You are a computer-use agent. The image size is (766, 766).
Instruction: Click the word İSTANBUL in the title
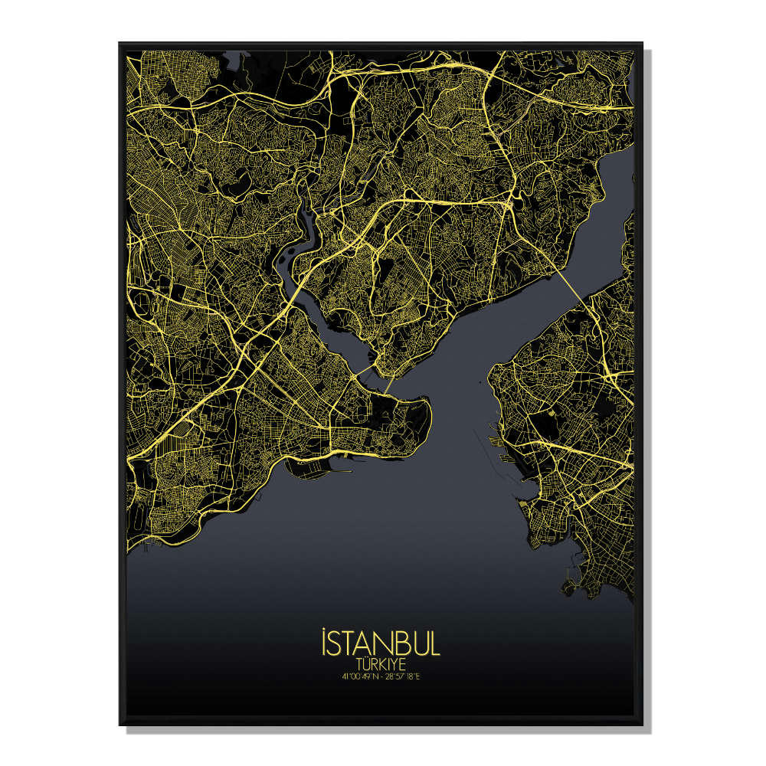pos(381,644)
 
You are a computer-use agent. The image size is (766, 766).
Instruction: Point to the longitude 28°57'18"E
pos(404,676)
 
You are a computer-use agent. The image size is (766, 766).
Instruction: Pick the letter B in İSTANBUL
pos(401,645)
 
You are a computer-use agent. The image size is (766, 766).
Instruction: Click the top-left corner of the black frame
pos(119,44)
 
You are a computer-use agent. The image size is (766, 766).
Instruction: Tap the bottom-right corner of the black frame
pos(642,724)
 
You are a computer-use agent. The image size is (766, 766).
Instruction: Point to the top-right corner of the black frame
pos(642,44)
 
